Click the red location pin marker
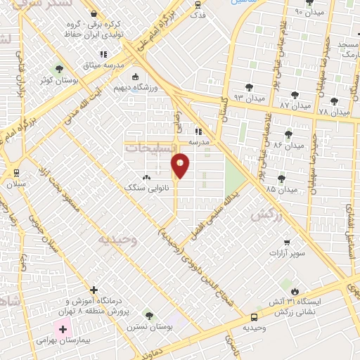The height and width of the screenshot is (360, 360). (x=181, y=165)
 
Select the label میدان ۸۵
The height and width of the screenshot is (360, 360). (x=281, y=188)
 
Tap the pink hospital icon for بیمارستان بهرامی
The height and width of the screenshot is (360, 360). (x=63, y=329)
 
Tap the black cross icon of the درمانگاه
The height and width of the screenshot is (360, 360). (x=94, y=289)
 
